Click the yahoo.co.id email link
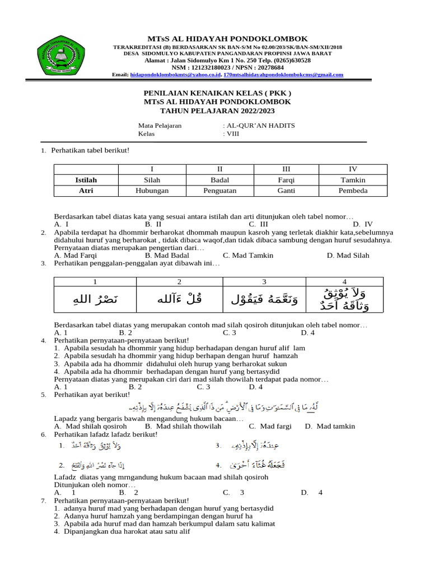pyautogui.click(x=175, y=74)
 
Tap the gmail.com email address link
pyautogui.click(x=283, y=74)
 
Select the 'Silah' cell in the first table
pyautogui.click(x=152, y=180)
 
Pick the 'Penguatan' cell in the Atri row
pyautogui.click(x=219, y=191)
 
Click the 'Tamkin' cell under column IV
pyautogui.click(x=353, y=180)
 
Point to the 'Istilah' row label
pyautogui.click(x=86, y=180)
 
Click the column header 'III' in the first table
pyautogui.click(x=286, y=169)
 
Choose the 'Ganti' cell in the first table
pyautogui.click(x=286, y=191)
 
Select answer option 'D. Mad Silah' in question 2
pyautogui.click(x=348, y=255)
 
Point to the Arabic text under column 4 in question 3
pyautogui.click(x=344, y=299)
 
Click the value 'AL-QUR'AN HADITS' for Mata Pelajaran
pyautogui.click(x=259, y=126)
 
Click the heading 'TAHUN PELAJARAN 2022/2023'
pyautogui.click(x=215, y=110)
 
